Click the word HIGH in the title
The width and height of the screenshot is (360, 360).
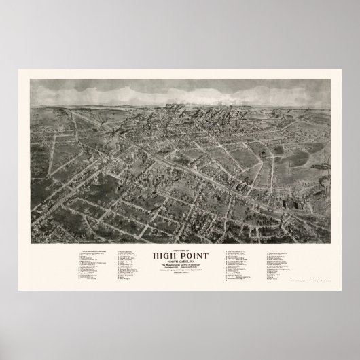point(166,256)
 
